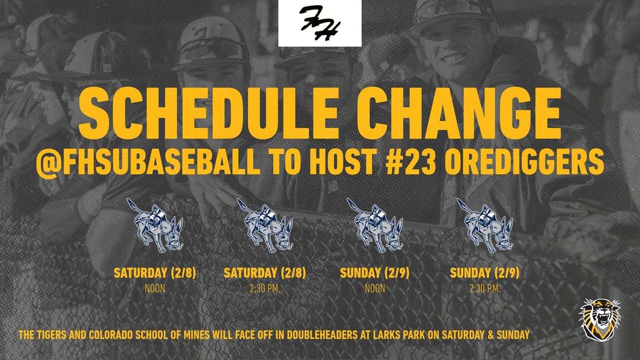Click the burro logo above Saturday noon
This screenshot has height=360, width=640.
pyautogui.click(x=155, y=226)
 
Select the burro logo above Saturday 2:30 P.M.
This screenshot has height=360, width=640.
pyautogui.click(x=265, y=226)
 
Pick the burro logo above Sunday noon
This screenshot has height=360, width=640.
pyautogui.click(x=375, y=226)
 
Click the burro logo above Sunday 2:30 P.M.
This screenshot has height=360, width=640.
pyautogui.click(x=485, y=226)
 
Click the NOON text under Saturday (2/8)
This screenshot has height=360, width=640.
pyautogui.click(x=155, y=288)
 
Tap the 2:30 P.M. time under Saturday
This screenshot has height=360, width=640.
pyautogui.click(x=265, y=288)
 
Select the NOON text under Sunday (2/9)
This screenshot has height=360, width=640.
pyautogui.click(x=375, y=288)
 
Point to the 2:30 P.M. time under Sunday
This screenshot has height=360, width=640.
pyautogui.click(x=485, y=288)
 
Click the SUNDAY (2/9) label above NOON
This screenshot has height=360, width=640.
pyautogui.click(x=375, y=273)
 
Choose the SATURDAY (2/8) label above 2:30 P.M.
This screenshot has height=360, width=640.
pyautogui.click(x=265, y=273)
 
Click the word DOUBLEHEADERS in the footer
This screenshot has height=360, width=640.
pyautogui.click(x=322, y=335)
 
